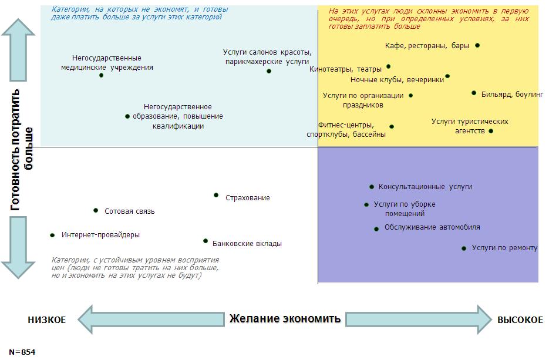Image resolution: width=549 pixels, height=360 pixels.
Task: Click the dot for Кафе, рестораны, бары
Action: pos(477,45)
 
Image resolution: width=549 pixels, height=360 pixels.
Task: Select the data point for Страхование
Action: pos(216,195)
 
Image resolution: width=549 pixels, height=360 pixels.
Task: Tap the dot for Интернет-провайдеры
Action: pos(52,235)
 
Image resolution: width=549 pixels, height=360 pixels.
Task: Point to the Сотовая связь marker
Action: pos(96,210)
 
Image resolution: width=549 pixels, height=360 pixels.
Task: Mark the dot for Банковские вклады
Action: pos(206,241)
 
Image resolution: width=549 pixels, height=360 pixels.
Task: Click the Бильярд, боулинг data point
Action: pos(474,93)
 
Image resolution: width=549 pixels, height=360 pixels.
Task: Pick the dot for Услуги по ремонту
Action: pos(464,248)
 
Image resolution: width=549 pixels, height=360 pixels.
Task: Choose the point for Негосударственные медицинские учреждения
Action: pos(101,75)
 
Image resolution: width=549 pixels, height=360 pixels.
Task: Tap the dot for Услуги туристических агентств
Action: pos(491,131)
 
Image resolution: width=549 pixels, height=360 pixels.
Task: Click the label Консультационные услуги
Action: pos(425,187)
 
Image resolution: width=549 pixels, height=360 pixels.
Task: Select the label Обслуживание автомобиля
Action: pos(432,227)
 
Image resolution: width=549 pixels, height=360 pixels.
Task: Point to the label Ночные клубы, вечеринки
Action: pos(397,80)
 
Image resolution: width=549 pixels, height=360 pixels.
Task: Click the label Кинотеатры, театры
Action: pos(345,69)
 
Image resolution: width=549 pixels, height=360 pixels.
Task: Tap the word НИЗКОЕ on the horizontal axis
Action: pos(46,319)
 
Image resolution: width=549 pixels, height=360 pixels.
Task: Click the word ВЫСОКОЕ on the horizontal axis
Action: pos(520,319)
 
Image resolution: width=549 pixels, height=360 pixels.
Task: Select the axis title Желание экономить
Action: pos(285,319)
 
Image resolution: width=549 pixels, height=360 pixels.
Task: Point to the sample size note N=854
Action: pos(22,352)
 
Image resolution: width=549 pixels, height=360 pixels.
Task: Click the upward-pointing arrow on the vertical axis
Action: pos(18,50)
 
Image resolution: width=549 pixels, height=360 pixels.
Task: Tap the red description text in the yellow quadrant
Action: pos(429,19)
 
